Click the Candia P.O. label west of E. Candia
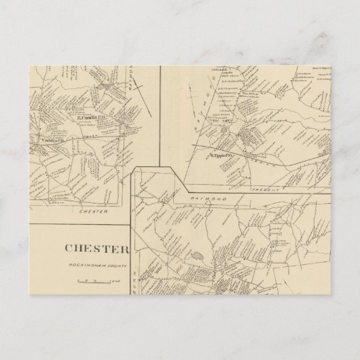(x=53, y=139)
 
